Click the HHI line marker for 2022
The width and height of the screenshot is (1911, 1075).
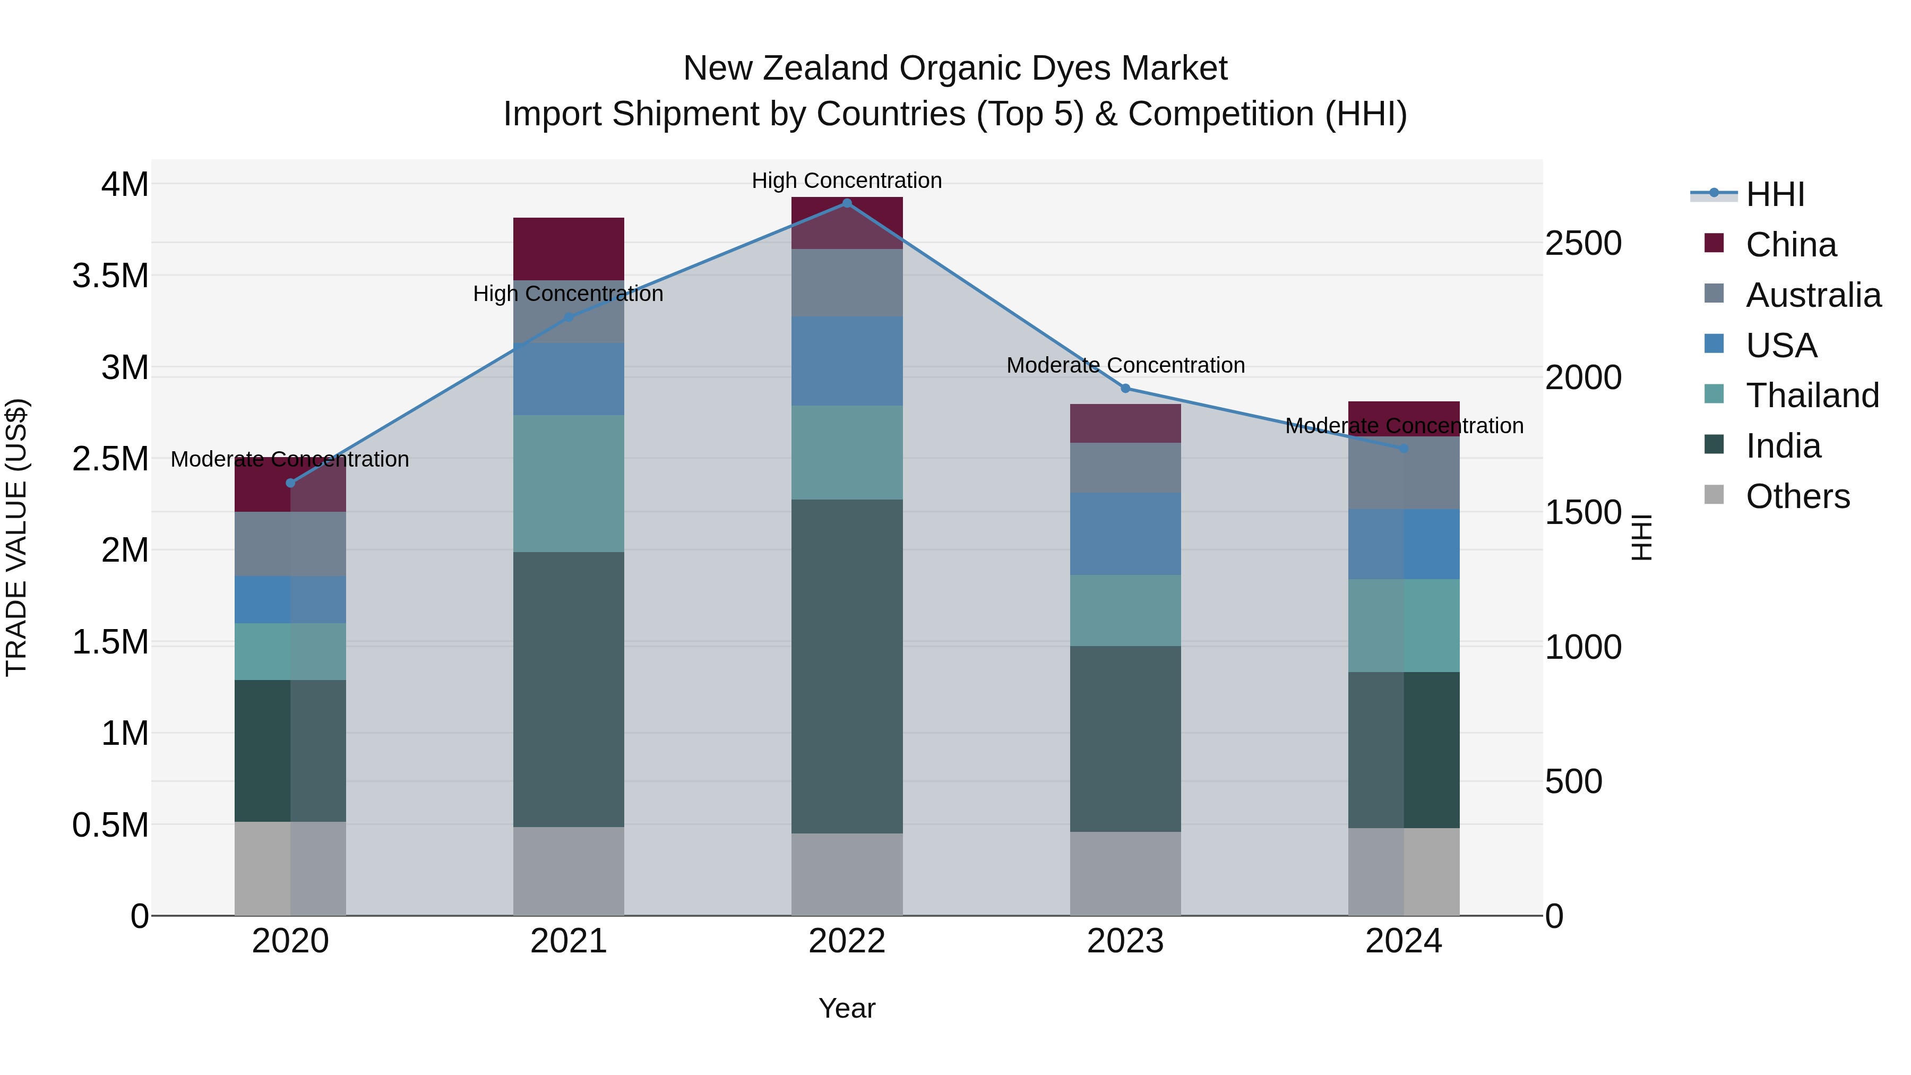pyautogui.click(x=847, y=203)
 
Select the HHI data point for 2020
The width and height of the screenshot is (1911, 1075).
pyautogui.click(x=290, y=483)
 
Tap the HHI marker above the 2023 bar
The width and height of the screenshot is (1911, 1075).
pyautogui.click(x=1125, y=389)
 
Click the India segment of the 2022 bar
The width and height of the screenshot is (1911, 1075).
pyautogui.click(x=847, y=666)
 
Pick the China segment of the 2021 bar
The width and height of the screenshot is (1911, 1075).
pyautogui.click(x=568, y=248)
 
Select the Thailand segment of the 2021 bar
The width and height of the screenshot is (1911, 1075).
pyautogui.click(x=568, y=483)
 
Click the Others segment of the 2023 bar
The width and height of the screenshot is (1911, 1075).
pyautogui.click(x=1125, y=873)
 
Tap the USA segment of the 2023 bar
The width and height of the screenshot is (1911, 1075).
pyautogui.click(x=1125, y=534)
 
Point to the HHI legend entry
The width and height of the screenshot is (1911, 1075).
pyautogui.click(x=1775, y=194)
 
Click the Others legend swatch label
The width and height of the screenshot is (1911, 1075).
pyautogui.click(x=1797, y=496)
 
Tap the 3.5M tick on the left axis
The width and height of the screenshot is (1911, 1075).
pyautogui.click(x=110, y=276)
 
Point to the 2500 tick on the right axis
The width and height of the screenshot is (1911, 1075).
pyautogui.click(x=1582, y=243)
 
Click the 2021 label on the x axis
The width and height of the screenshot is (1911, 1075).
pyautogui.click(x=568, y=941)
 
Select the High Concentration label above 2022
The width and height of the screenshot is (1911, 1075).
pyautogui.click(x=847, y=180)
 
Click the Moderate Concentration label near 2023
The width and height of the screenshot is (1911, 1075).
pyautogui.click(x=1125, y=365)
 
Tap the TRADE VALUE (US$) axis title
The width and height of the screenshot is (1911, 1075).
pyautogui.click(x=16, y=537)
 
